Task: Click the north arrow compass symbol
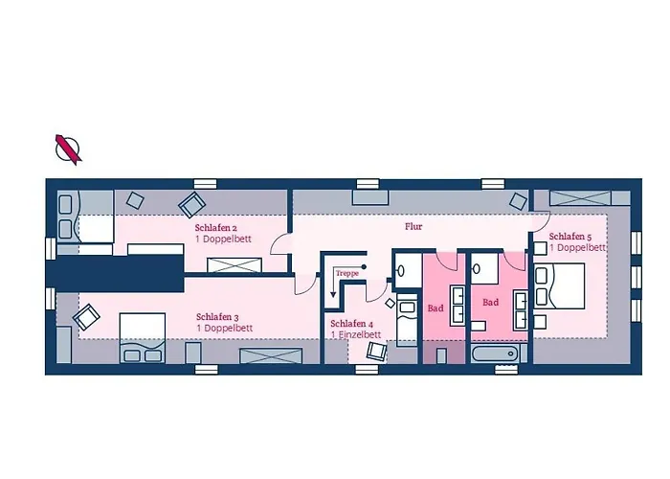[x=68, y=149]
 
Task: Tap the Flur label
[x=413, y=227]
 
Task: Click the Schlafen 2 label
[x=215, y=228]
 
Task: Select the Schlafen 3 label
[x=217, y=317]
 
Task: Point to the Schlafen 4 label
[x=351, y=324]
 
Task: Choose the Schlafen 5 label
[x=570, y=237]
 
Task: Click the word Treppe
[x=346, y=273]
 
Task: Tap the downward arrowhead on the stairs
[x=333, y=294]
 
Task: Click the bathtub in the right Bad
[x=495, y=354]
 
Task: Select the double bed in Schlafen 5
[x=559, y=285]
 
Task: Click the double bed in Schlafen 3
[x=143, y=338]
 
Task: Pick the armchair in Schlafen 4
[x=376, y=351]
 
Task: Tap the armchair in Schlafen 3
[x=87, y=317]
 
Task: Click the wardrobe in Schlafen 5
[x=580, y=198]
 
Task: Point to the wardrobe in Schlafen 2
[x=234, y=265]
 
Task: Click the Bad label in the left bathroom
[x=435, y=308]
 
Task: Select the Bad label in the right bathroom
[x=490, y=303]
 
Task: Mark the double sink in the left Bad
[x=458, y=307]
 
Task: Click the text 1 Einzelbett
[x=356, y=334]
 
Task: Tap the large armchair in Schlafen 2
[x=191, y=204]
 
